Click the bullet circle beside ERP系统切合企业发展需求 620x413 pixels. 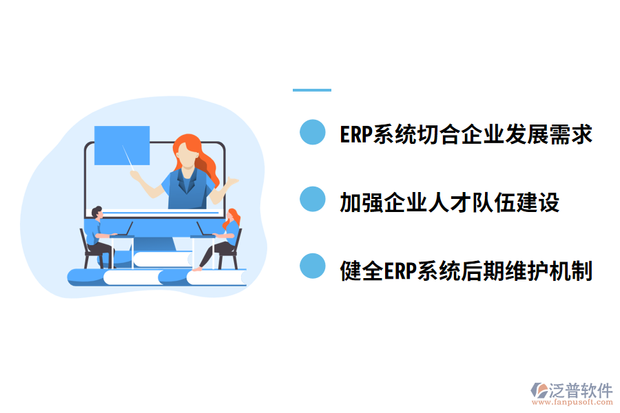coord(312,133)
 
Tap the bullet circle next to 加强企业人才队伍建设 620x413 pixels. coord(312,200)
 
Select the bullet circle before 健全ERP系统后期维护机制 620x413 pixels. coord(312,266)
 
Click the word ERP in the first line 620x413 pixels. coord(355,134)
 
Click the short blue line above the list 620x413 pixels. coord(312,89)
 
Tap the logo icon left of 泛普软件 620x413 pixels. coord(538,392)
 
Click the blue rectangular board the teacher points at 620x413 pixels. coord(122,145)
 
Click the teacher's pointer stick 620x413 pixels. coord(128,157)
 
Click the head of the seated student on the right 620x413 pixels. coord(233,215)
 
